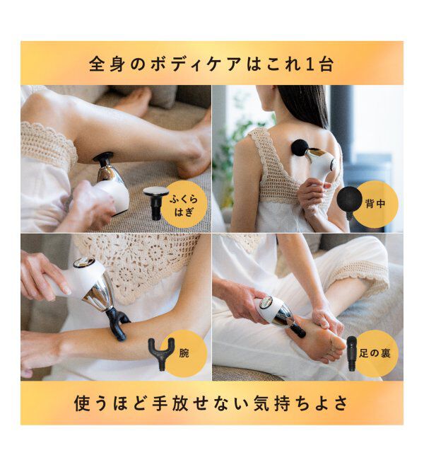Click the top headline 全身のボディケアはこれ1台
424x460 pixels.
(211, 64)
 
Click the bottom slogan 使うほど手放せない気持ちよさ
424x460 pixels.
(211, 403)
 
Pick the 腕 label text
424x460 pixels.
(183, 350)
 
